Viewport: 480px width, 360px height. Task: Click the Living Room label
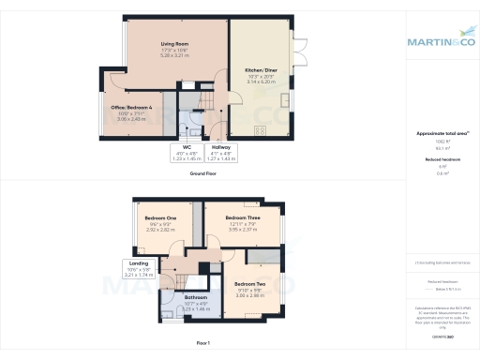(x=171, y=43)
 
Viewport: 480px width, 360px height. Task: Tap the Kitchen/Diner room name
(x=260, y=70)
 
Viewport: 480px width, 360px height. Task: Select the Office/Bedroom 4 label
(x=131, y=108)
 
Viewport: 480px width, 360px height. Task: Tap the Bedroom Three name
(x=243, y=217)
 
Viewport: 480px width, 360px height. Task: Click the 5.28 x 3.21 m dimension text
(x=171, y=56)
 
